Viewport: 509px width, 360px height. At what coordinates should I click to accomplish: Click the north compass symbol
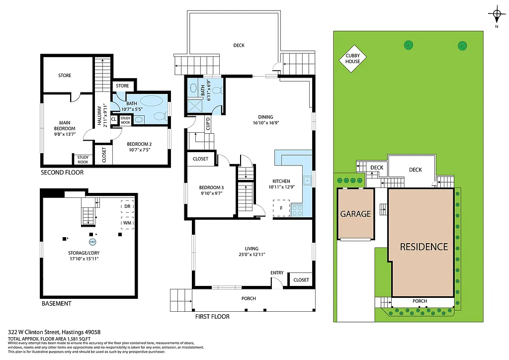point(496,14)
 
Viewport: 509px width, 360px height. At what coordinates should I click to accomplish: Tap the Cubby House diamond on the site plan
point(353,58)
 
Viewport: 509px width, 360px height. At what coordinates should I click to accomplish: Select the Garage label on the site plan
point(355,214)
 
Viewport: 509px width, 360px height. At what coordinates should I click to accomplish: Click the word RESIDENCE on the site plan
point(424,247)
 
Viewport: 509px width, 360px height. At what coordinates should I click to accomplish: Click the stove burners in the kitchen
point(297,210)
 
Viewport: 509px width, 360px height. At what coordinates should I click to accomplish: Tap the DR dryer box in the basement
point(127,206)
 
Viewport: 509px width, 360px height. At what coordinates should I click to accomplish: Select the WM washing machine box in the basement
point(127,223)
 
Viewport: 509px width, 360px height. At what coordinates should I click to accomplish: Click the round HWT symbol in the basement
point(92,242)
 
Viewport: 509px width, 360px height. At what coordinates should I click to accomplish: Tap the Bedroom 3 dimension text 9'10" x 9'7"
point(211,193)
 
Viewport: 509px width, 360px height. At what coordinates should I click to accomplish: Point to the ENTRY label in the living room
point(277,273)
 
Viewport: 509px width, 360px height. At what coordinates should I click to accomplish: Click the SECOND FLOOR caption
point(62,173)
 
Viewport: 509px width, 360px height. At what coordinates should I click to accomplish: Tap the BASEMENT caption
point(56,303)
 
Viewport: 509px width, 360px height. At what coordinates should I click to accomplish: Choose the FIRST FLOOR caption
point(212,316)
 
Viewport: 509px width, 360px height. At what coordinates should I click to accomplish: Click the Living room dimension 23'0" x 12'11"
point(252,255)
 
